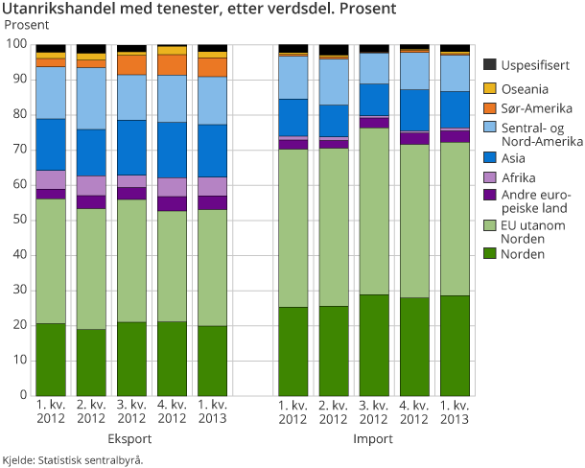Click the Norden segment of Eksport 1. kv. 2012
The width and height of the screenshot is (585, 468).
51,359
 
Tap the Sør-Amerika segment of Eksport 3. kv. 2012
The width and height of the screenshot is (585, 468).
131,64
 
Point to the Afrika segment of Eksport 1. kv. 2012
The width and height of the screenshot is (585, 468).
51,179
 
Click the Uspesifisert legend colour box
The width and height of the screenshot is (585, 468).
489,64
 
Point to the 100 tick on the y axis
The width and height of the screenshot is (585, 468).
16,45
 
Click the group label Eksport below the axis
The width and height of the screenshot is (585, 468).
131,439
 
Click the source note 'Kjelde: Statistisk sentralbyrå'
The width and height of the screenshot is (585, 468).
73,460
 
